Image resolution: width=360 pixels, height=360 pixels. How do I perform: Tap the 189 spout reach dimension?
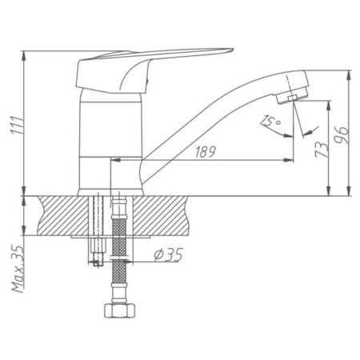pyautogui.click(x=205, y=152)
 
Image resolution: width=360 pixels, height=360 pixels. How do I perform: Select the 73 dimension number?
pyautogui.click(x=321, y=150)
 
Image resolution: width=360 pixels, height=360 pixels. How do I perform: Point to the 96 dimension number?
pyautogui.click(x=342, y=135)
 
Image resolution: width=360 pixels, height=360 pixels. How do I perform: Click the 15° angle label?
pyautogui.click(x=270, y=121)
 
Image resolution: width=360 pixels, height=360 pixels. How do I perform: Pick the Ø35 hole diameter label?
pyautogui.click(x=168, y=254)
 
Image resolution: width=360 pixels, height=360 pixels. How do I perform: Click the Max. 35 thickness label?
pyautogui.click(x=18, y=269)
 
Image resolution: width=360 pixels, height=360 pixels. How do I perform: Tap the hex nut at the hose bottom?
pyautogui.click(x=120, y=310)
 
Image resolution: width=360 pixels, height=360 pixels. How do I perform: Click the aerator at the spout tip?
pyautogui.click(x=292, y=97)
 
